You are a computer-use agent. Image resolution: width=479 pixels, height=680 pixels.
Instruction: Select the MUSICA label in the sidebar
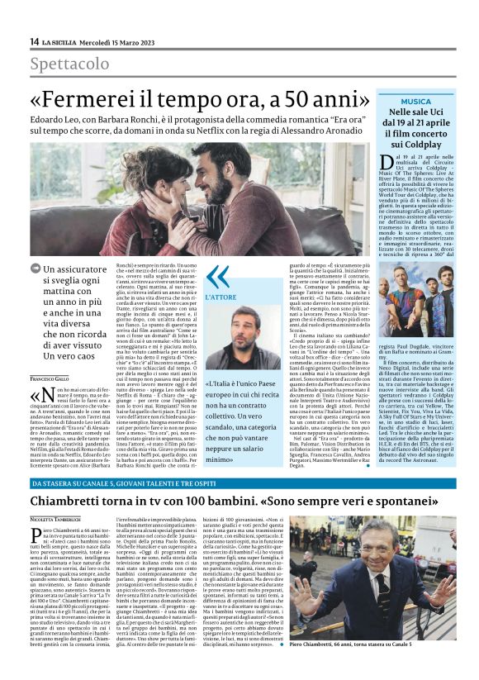tap(416, 101)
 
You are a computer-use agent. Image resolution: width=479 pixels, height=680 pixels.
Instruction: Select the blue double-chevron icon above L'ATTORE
tap(217, 277)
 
